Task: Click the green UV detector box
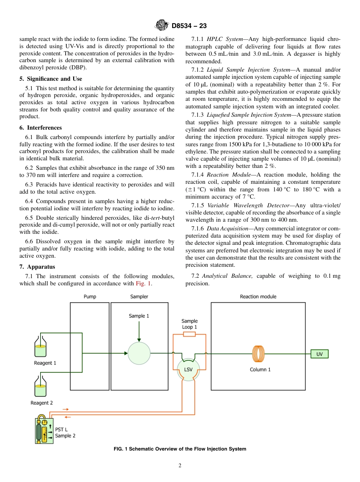[x=319, y=354]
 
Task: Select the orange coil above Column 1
[x=258, y=354]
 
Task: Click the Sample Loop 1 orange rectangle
[x=189, y=334]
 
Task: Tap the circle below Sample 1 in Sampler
[x=139, y=354]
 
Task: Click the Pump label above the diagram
[x=90, y=297]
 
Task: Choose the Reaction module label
[x=258, y=297]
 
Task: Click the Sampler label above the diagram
[x=139, y=297]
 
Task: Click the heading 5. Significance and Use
[x=50, y=79]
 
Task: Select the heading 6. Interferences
[x=41, y=128]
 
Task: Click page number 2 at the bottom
[x=180, y=466]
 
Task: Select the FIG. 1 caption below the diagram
[x=180, y=449]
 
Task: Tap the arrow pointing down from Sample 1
[x=139, y=332]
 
